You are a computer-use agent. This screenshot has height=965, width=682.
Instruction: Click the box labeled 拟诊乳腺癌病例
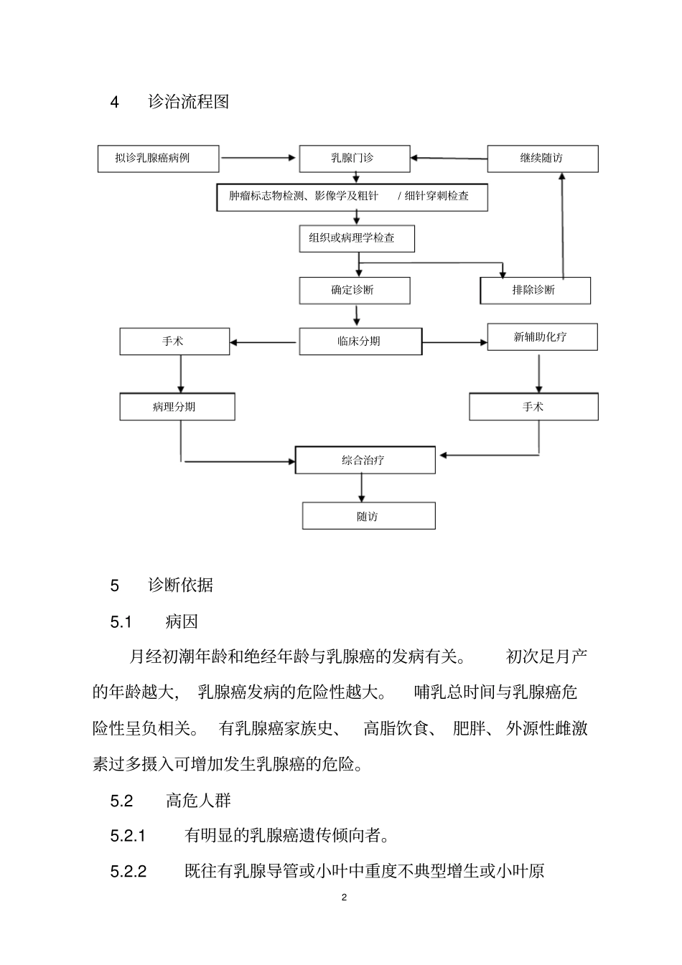[x=158, y=159]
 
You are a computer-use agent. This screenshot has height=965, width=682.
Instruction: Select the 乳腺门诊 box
[x=355, y=159]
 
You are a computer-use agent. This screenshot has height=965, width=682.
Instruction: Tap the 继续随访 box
[x=542, y=159]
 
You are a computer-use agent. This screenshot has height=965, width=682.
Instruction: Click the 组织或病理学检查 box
[x=357, y=238]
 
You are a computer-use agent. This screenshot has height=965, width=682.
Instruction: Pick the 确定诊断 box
[x=355, y=291]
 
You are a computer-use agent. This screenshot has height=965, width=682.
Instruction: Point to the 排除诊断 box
[x=535, y=291]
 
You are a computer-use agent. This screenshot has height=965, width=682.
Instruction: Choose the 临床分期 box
[x=360, y=342]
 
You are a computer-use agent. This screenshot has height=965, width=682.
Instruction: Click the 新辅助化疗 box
[x=542, y=336]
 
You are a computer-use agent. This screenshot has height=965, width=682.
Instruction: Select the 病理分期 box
[x=177, y=407]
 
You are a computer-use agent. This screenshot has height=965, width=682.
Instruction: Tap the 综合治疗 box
[x=365, y=460]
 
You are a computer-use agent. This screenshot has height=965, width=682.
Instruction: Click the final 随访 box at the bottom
[x=368, y=516]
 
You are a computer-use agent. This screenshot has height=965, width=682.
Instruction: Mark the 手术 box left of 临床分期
[x=174, y=342]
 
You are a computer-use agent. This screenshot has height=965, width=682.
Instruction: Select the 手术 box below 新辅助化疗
[x=533, y=407]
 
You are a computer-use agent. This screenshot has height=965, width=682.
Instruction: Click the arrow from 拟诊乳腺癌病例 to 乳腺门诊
[x=258, y=158]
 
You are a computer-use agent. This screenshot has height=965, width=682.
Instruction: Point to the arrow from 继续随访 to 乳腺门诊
[x=449, y=158]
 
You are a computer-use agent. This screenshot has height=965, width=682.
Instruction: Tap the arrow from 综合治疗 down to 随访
[x=361, y=488]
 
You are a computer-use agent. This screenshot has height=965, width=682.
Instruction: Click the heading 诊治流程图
[x=189, y=102]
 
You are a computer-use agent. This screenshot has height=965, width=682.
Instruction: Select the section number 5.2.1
[x=129, y=836]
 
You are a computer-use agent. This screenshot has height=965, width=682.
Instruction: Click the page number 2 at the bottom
[x=344, y=898]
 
